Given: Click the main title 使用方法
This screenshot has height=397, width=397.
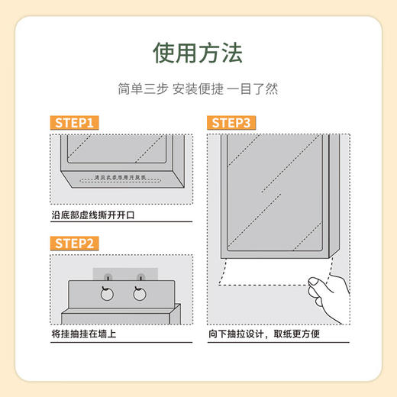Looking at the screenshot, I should tap(198, 53).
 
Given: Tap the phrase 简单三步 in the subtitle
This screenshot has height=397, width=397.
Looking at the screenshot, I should tap(140, 89).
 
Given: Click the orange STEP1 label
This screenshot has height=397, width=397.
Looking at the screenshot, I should tap(74, 123).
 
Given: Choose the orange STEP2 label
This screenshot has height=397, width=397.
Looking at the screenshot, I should tap(74, 244).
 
